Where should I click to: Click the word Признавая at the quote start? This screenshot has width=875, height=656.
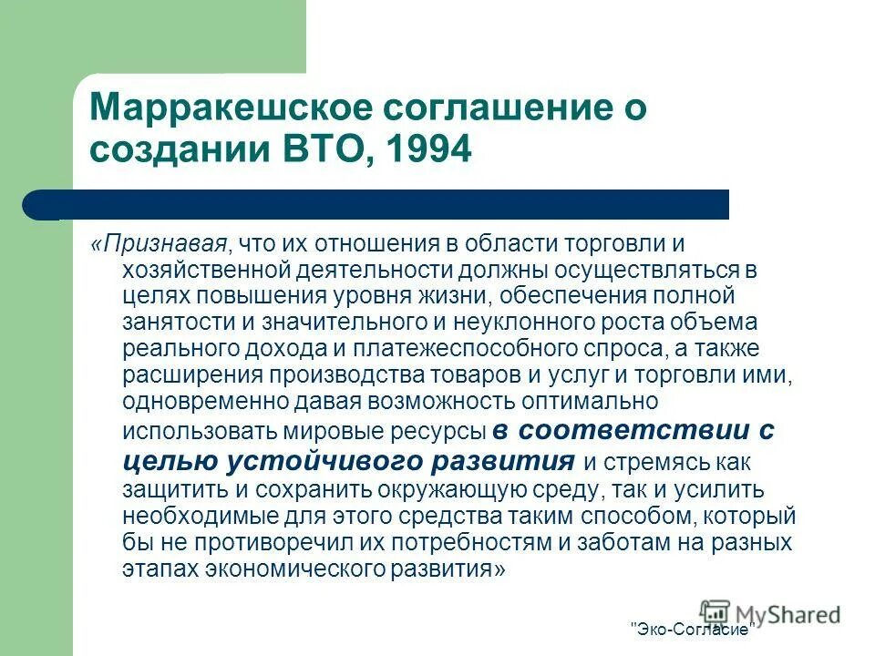click(164, 245)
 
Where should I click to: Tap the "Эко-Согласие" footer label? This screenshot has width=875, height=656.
click(692, 630)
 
